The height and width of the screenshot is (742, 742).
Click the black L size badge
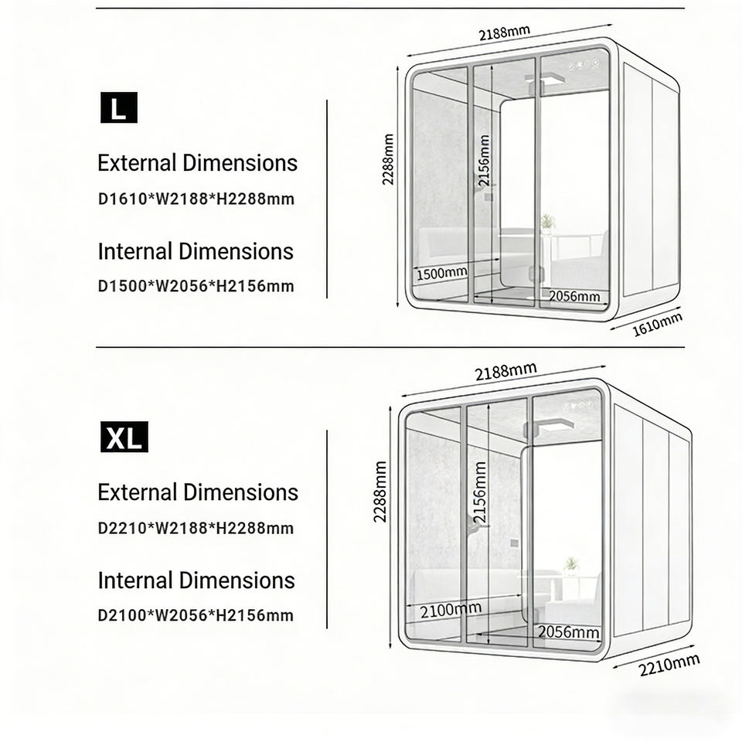point(118,107)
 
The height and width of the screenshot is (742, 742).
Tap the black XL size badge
point(124,437)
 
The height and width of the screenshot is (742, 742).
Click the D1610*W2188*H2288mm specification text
point(196,199)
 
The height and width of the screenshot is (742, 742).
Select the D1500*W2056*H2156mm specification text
point(196,286)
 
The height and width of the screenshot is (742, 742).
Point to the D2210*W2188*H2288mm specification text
point(196,529)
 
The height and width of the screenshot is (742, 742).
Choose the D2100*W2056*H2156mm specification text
point(196,616)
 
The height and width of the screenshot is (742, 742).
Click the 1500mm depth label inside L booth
point(442,273)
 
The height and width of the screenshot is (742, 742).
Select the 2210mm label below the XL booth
point(669,664)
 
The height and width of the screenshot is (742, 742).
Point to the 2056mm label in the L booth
point(574,296)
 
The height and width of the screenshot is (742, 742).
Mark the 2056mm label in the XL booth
point(569,632)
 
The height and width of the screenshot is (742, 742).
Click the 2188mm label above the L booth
point(504,33)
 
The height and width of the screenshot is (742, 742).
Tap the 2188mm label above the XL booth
point(505,371)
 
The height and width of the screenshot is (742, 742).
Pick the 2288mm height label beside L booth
point(388,159)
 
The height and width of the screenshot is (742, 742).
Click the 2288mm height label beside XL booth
point(380,492)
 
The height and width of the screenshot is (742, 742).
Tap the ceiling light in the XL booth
point(550,425)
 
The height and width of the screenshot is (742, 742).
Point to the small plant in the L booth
point(548,223)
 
